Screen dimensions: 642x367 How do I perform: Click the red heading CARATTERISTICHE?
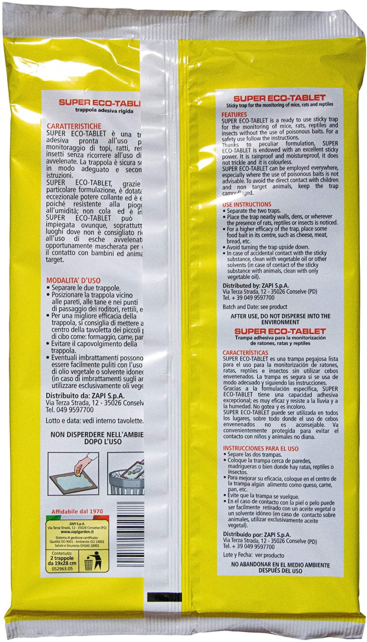point(75,126)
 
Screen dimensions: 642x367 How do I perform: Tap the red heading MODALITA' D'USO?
point(73,281)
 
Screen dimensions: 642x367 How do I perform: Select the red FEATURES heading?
point(234,115)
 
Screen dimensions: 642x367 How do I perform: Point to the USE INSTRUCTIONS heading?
point(247,205)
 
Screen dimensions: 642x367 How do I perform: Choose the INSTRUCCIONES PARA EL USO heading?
point(261,448)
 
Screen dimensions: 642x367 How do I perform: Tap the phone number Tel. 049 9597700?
point(69,410)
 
